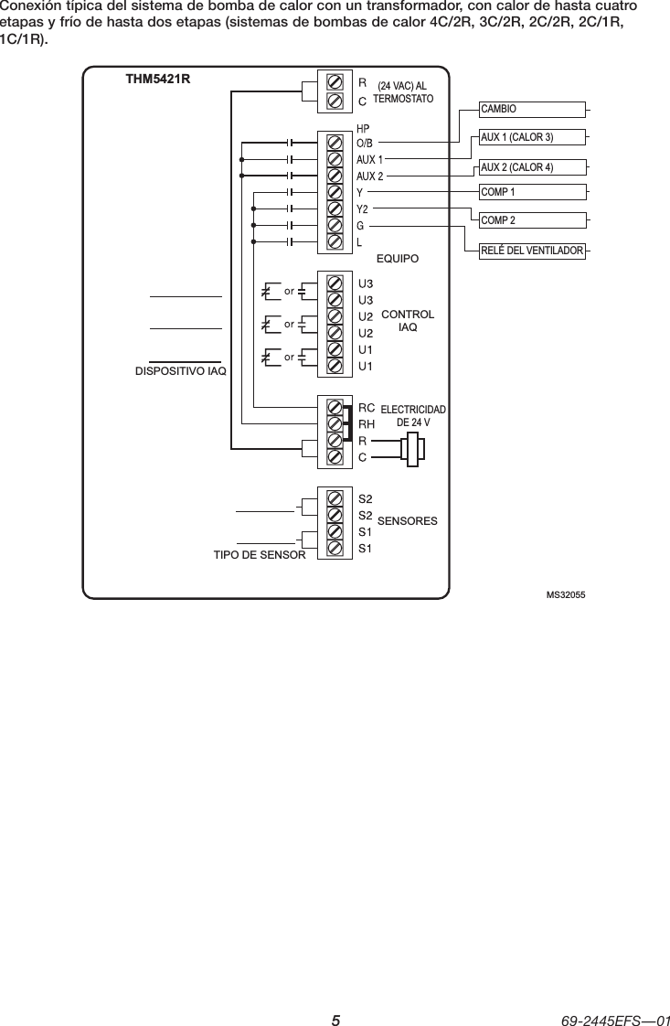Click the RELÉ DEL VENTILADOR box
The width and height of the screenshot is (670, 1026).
(532, 250)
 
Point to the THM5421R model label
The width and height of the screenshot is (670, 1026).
(157, 79)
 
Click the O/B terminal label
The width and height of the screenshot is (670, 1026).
(365, 144)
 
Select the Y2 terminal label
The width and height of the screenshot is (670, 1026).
(362, 209)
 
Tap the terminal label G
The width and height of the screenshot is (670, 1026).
(360, 225)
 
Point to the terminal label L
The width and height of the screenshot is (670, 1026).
(360, 241)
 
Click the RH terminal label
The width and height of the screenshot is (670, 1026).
(367, 423)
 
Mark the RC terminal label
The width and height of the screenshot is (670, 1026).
(367, 407)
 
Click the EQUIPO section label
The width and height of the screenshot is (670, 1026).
(397, 259)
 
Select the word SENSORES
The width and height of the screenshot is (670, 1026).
(407, 520)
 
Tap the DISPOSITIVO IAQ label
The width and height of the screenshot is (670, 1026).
(180, 371)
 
